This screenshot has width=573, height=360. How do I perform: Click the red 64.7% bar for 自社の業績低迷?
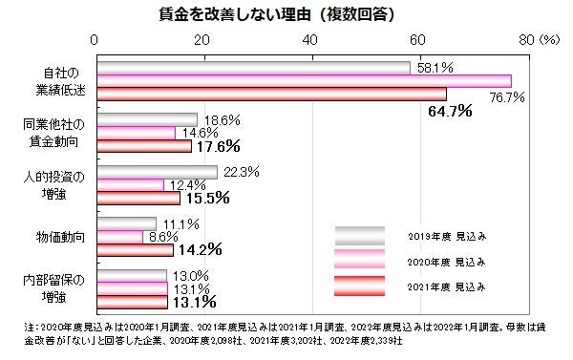(271, 94)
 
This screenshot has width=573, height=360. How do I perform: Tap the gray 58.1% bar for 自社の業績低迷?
(253, 68)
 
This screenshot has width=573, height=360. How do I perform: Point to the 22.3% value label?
(241, 172)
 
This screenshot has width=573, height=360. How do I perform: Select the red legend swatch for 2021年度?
(359, 286)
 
